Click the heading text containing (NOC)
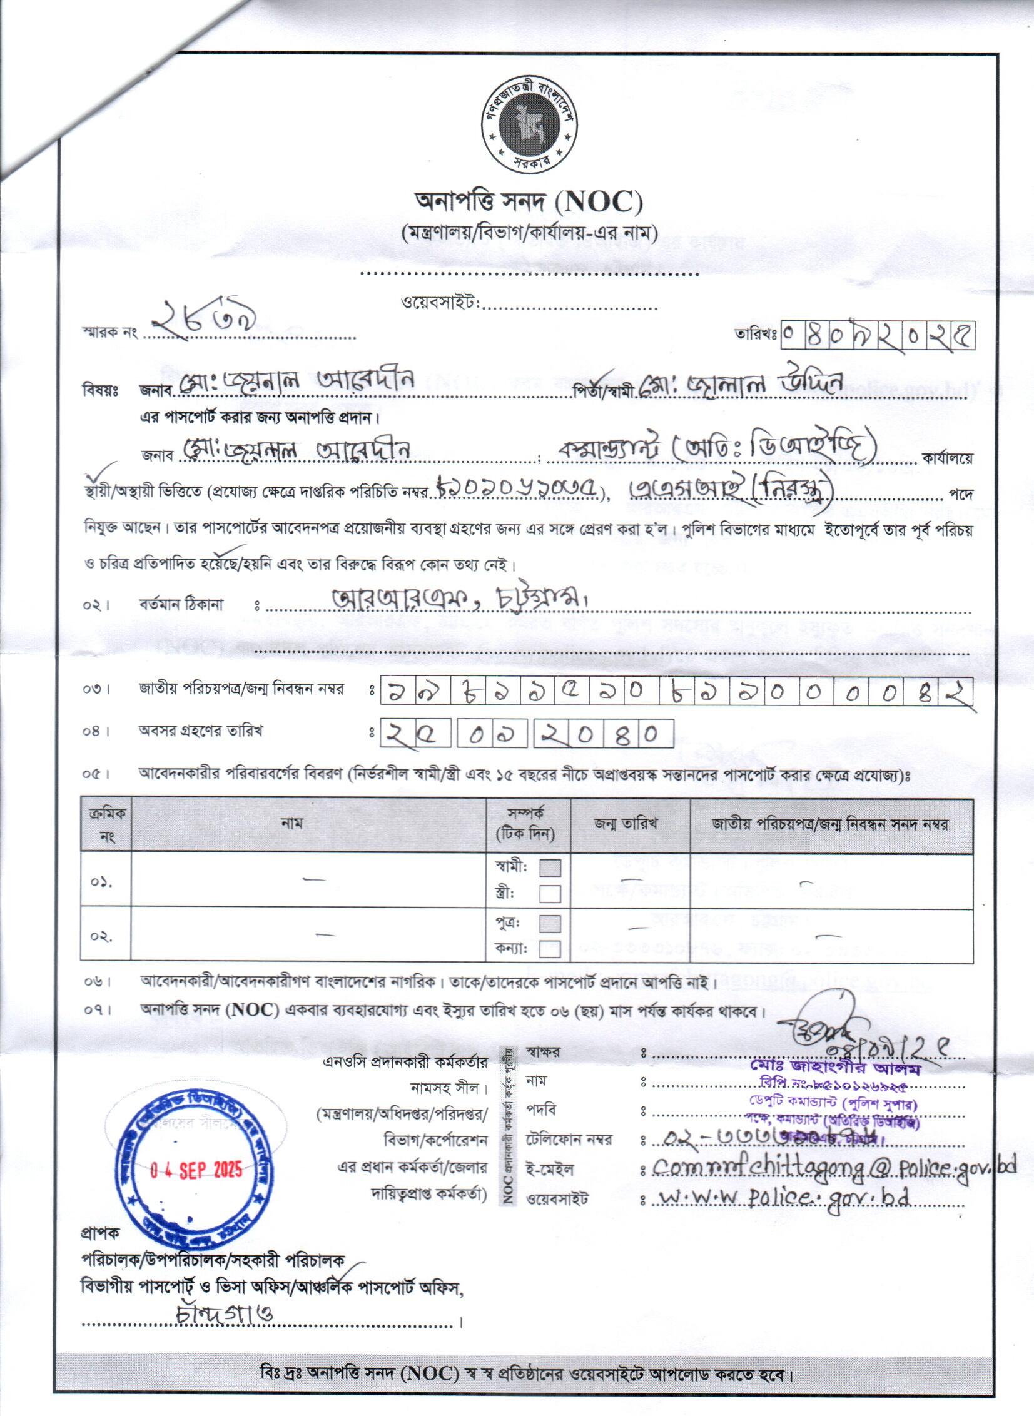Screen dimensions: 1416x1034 [530, 201]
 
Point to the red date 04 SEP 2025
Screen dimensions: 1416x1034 [196, 1170]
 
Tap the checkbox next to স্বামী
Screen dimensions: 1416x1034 [550, 868]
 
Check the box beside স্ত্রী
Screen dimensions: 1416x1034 [550, 894]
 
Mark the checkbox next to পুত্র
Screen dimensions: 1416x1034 [550, 924]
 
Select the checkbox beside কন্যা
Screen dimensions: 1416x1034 [550, 948]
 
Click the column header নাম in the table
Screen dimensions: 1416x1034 [291, 824]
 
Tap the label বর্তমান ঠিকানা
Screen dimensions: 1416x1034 [181, 604]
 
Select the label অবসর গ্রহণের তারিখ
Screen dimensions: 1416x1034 [200, 731]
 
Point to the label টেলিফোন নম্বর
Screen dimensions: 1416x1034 [569, 1140]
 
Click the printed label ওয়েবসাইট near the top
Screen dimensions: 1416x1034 [439, 303]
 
